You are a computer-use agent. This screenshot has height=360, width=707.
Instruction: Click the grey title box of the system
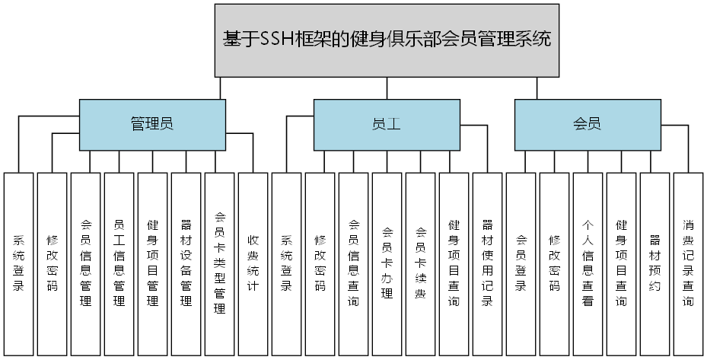click(387, 40)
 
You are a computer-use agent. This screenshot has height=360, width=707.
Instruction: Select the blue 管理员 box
click(152, 125)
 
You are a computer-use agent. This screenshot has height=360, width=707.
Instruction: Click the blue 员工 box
click(387, 125)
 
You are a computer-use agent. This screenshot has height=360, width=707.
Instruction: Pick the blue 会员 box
click(587, 125)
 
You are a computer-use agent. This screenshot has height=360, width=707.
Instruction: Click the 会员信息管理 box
click(85, 263)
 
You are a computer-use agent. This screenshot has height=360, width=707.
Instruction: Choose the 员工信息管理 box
click(119, 263)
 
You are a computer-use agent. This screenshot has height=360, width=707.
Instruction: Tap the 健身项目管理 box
click(152, 263)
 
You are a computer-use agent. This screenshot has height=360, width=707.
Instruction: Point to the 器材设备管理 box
click(186, 263)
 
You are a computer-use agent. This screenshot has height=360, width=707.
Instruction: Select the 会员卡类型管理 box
click(219, 263)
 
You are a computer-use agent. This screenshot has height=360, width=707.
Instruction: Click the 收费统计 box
click(253, 263)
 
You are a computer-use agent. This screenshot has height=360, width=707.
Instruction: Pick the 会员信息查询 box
click(353, 263)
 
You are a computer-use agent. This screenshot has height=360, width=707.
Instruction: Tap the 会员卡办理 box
click(387, 263)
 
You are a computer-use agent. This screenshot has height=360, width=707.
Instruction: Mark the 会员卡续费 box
click(420, 263)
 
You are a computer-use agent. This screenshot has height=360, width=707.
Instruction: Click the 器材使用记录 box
click(487, 263)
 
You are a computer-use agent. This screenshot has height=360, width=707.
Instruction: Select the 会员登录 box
click(521, 263)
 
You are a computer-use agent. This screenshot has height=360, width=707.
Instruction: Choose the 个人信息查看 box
click(588, 263)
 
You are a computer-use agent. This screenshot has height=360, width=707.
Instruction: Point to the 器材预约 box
click(654, 263)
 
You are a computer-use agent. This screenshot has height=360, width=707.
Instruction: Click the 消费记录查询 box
click(688, 263)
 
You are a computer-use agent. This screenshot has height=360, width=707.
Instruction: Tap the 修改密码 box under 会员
click(554, 263)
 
